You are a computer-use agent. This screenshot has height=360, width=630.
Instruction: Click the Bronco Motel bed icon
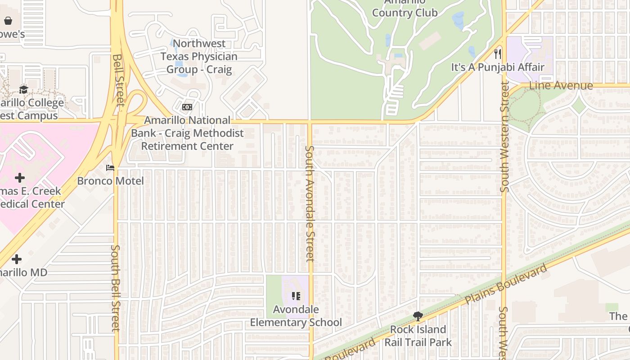click(x=110, y=168)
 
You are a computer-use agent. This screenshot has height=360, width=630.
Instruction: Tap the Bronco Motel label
click(x=110, y=181)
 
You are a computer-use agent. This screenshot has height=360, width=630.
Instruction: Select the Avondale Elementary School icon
click(x=296, y=296)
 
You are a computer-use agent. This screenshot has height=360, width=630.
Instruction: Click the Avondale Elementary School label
click(x=296, y=316)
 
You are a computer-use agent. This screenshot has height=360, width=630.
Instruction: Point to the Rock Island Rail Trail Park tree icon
click(x=418, y=316)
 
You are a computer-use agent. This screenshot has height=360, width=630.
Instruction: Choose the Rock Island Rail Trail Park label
click(x=418, y=336)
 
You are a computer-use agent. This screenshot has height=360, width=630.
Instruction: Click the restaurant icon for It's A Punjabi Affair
click(x=497, y=54)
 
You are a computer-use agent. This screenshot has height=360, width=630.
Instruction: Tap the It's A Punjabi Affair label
click(x=498, y=67)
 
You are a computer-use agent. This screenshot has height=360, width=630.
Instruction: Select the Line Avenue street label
click(x=561, y=85)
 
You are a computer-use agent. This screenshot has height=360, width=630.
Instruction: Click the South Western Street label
click(x=504, y=137)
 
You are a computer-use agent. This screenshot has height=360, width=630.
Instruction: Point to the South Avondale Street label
click(x=309, y=203)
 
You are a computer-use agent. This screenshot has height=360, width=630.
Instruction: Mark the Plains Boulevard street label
click(x=506, y=284)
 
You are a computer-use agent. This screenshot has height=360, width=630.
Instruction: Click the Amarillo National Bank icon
click(x=187, y=107)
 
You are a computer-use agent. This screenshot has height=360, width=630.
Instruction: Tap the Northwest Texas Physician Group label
click(x=199, y=56)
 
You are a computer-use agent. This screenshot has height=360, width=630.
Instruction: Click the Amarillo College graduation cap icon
click(x=23, y=90)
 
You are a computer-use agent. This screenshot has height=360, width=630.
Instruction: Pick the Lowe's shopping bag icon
click(x=8, y=21)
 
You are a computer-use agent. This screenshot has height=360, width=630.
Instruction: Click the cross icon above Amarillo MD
click(x=17, y=259)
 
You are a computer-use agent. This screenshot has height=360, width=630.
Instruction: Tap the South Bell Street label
click(x=116, y=288)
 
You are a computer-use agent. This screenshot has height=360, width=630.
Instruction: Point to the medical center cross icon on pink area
click(x=19, y=178)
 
